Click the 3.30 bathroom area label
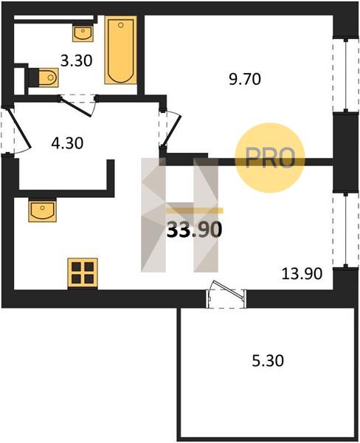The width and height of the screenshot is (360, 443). [x=77, y=61]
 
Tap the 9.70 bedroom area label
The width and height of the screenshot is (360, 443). [x=245, y=79]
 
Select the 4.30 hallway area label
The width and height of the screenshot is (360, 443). [x=67, y=143]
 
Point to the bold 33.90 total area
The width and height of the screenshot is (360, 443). [x=194, y=229]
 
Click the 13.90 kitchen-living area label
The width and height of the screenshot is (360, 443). [x=302, y=273]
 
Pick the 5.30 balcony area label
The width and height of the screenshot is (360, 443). [x=268, y=361]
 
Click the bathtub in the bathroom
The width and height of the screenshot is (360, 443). [x=120, y=50]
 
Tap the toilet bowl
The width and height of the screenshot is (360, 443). [x=47, y=77]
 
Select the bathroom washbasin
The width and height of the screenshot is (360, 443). [x=83, y=34]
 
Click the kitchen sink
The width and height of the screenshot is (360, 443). [x=42, y=210]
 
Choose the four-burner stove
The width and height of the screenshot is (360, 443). [x=83, y=273]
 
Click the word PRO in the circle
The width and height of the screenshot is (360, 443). [x=270, y=158]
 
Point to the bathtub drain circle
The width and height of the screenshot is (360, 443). [x=120, y=25]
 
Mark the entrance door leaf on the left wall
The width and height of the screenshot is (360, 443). [x=19, y=128]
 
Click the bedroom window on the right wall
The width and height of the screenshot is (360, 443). [x=345, y=75]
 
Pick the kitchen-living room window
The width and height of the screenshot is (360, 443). [x=345, y=230]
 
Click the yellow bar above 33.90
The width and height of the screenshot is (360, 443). [x=194, y=210]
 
